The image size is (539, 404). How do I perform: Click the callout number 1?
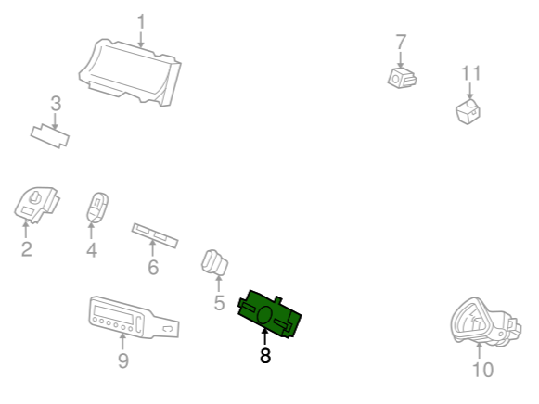click(141, 21)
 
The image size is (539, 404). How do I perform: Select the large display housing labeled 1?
click(130, 72)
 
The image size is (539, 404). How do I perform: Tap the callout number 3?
click(56, 104)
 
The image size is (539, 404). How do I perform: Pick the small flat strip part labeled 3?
click(50, 136)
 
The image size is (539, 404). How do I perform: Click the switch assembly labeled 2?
click(36, 206)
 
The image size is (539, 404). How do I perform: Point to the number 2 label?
click(27, 249)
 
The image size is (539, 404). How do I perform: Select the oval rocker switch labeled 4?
click(97, 208)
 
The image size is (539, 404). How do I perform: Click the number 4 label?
click(92, 250)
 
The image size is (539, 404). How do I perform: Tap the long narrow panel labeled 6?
click(155, 235)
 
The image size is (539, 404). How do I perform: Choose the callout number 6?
click(153, 268)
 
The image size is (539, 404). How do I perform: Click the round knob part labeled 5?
click(214, 263)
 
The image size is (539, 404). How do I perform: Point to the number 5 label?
click(219, 303)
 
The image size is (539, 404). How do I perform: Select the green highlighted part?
click(269, 314)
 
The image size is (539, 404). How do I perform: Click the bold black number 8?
click(265, 356)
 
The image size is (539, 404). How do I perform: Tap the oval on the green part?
click(264, 315)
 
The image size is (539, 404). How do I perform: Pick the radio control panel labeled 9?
click(134, 318)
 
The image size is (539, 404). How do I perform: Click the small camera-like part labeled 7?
click(403, 78)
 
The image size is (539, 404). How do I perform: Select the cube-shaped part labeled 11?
click(468, 111)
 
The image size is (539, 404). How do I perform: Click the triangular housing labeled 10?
click(485, 322)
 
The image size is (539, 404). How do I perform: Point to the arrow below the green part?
click(264, 336)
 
